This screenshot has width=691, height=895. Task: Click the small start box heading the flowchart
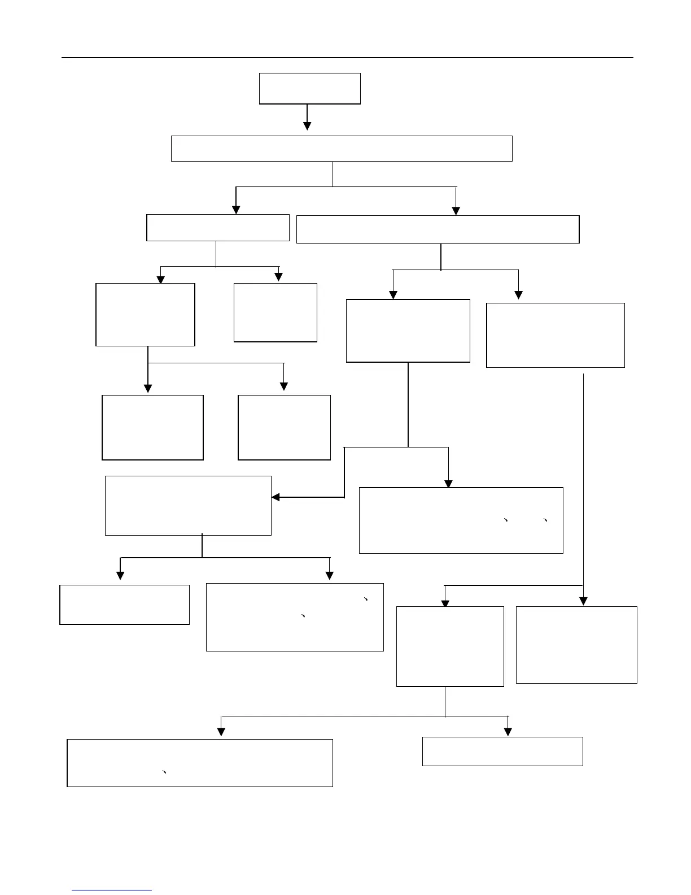(309, 88)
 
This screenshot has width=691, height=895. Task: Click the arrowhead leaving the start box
(307, 125)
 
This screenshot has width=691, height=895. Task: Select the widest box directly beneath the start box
(342, 149)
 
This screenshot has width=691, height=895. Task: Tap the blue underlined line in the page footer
(112, 890)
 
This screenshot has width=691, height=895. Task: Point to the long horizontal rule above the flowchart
(347, 57)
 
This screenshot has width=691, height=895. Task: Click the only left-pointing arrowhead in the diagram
(276, 497)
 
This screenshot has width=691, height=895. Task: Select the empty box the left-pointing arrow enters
(188, 506)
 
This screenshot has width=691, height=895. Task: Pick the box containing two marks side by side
(461, 520)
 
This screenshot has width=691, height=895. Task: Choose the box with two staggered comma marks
(295, 617)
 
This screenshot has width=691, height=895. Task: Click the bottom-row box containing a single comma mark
(199, 763)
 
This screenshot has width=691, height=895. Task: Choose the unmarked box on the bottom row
(502, 751)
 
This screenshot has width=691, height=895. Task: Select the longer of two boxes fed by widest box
(438, 229)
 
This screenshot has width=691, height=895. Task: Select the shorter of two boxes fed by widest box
(217, 228)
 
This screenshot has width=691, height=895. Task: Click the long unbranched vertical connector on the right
(583, 480)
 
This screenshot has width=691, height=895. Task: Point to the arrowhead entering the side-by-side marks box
(448, 484)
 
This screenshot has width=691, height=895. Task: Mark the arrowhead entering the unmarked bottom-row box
(508, 732)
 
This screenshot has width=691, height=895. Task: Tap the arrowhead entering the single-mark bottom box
(221, 732)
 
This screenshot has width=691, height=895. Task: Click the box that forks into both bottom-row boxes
(450, 646)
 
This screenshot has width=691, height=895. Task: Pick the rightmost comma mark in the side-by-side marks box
(545, 520)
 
